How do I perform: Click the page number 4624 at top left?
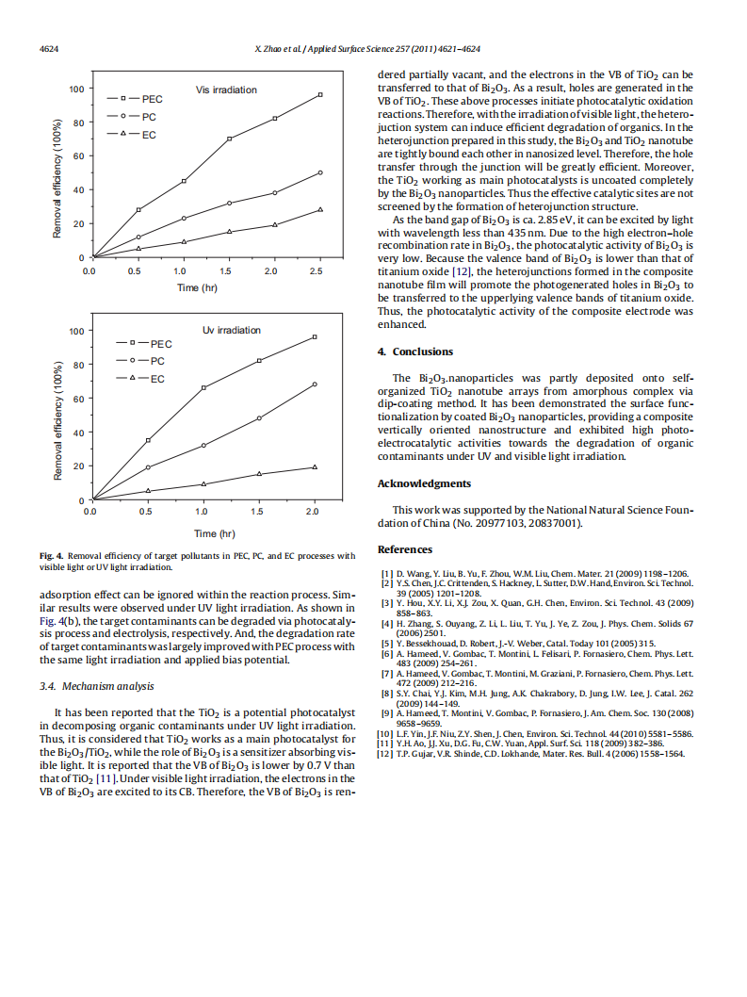(49, 48)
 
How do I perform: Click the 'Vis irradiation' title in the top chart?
(226, 90)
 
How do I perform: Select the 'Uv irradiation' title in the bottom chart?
(232, 330)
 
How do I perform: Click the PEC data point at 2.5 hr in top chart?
(320, 94)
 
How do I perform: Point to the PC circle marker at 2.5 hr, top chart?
(320, 172)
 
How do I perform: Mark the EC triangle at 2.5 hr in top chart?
(320, 209)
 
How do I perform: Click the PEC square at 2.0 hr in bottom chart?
(315, 336)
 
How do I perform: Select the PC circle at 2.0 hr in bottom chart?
(315, 384)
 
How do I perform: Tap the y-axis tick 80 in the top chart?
(78, 123)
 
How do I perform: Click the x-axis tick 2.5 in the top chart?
(316, 271)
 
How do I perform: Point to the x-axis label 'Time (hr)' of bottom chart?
(202, 533)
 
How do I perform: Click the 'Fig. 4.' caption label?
(51, 556)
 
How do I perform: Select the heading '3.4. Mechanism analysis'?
(97, 686)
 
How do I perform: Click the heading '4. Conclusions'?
(415, 351)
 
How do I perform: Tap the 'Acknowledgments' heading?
(424, 483)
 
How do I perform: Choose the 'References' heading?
(405, 549)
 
